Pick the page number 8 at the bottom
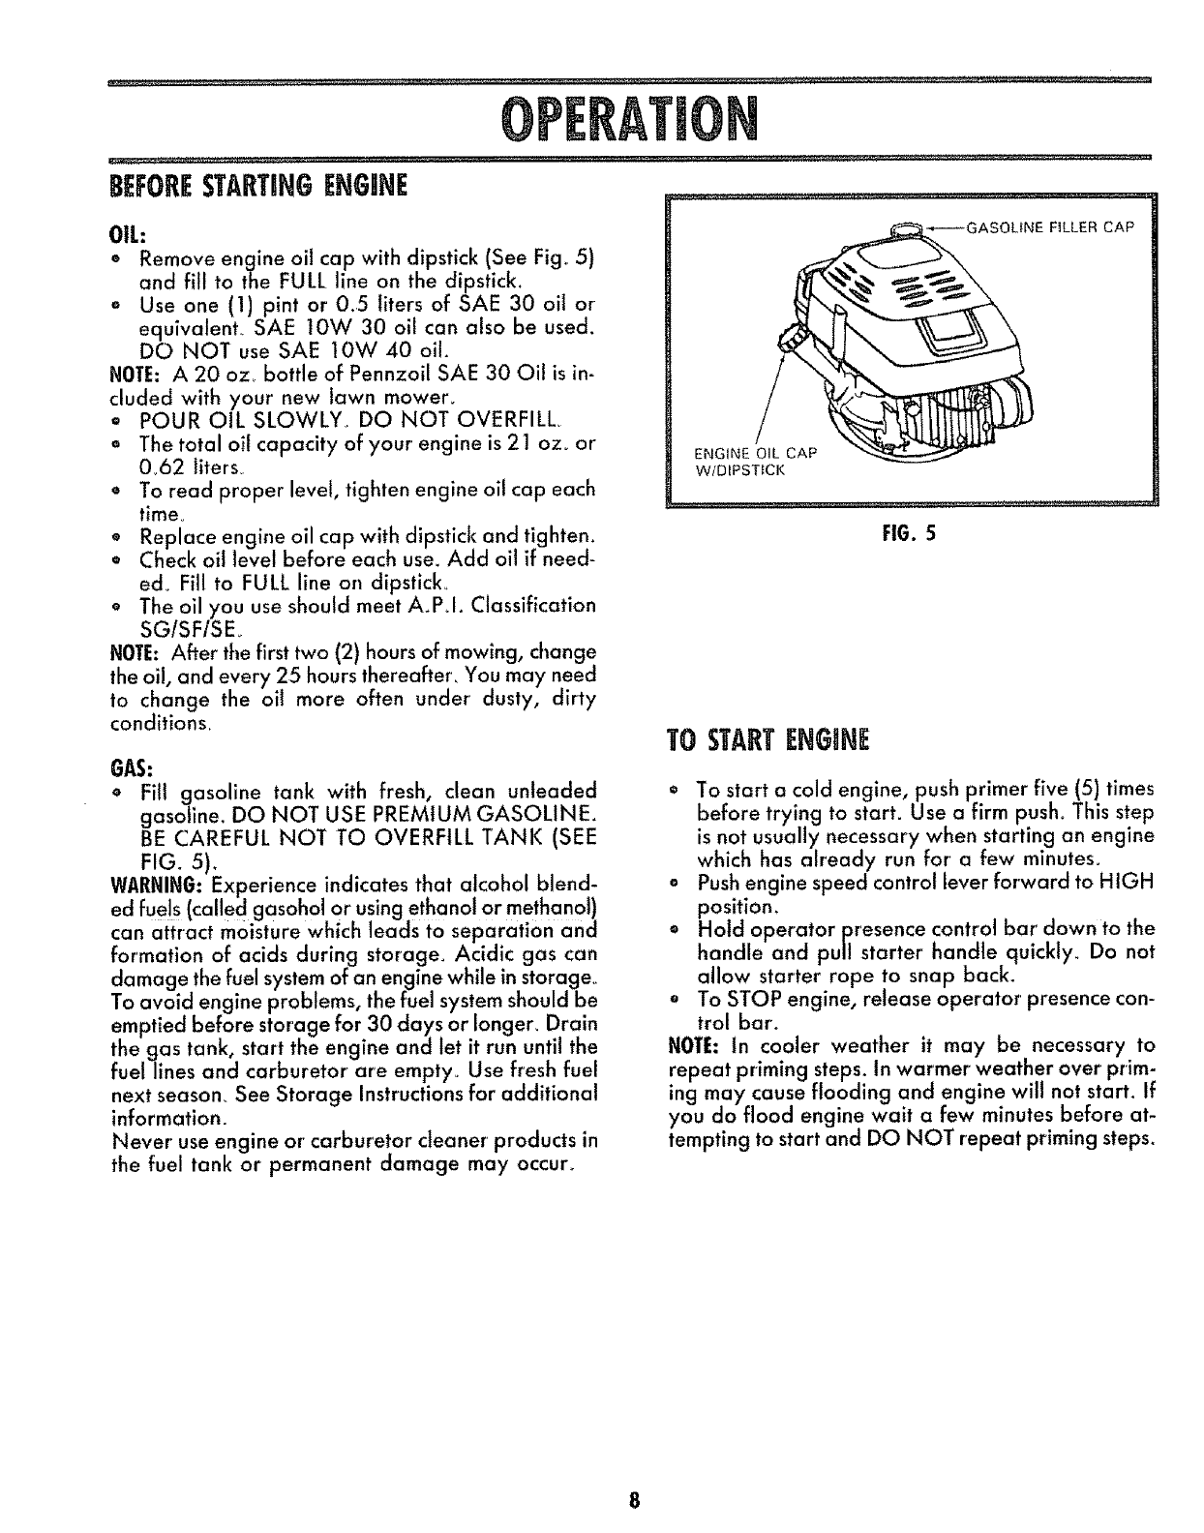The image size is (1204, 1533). [632, 1502]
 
